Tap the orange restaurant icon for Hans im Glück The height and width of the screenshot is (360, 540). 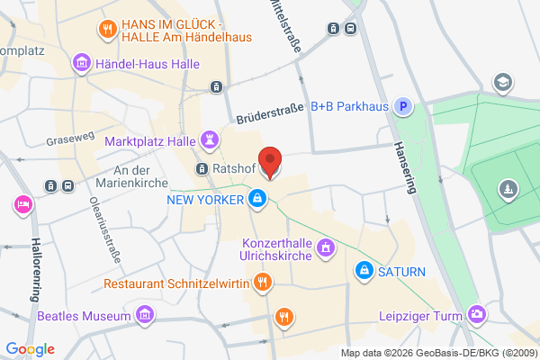(x=107, y=27)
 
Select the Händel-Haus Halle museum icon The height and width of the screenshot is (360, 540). (x=82, y=62)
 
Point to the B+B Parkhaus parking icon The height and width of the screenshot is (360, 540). (x=406, y=106)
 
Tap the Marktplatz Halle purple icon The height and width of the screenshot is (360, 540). (x=211, y=140)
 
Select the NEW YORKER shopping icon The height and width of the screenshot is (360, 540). (x=258, y=198)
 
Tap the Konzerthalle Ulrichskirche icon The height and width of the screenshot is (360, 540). (x=326, y=247)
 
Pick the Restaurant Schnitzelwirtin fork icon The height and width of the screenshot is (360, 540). (x=262, y=283)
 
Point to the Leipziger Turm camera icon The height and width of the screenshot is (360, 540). (x=477, y=315)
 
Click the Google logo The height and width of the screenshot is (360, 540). (x=30, y=349)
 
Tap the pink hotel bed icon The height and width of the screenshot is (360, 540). (x=20, y=205)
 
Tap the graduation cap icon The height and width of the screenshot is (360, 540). (x=502, y=83)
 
